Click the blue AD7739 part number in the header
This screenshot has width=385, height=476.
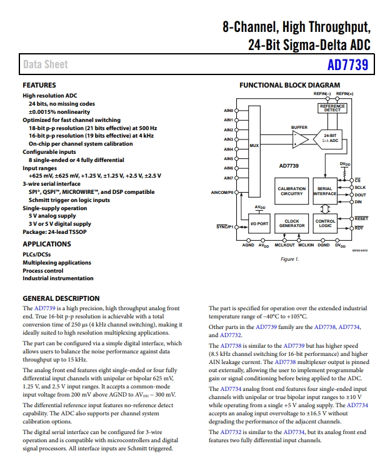point(347,64)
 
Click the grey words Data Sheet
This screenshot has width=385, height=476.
point(46,64)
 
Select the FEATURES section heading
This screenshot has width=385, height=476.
point(39,85)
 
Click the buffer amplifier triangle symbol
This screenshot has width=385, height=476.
point(300,139)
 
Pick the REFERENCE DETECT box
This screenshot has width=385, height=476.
point(332,108)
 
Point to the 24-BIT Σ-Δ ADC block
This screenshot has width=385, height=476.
point(329,139)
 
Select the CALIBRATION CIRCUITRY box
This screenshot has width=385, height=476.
point(291,191)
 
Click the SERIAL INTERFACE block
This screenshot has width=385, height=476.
point(325,191)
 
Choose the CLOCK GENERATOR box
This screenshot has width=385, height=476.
point(291,223)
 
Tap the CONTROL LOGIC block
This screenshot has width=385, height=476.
point(325,223)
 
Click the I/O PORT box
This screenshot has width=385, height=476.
point(259,223)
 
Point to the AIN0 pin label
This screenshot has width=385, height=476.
point(229,111)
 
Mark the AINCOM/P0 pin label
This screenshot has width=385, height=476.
point(222,193)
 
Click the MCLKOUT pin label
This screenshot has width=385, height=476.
point(284,245)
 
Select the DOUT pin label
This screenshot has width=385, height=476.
point(360,195)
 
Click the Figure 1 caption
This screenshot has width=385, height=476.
point(290,259)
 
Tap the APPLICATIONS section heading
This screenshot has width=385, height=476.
point(47,244)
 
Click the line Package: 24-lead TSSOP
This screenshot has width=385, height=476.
point(54,232)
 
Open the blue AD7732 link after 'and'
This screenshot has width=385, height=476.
point(231,335)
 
